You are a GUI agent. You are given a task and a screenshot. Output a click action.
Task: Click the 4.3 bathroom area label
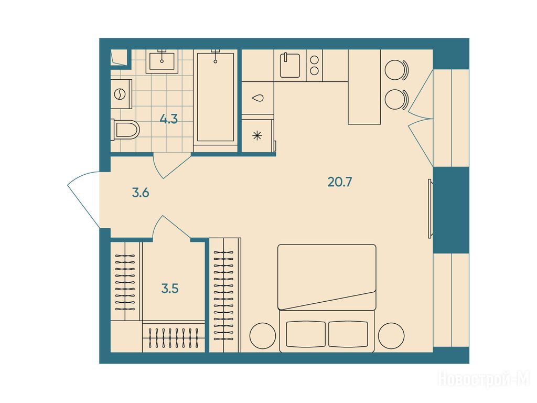169,119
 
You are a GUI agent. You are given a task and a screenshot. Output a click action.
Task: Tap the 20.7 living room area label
340,182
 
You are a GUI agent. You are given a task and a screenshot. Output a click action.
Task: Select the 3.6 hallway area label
141,193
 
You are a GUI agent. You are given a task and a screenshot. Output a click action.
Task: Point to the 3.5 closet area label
170,289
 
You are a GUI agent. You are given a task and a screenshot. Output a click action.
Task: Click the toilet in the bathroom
126,130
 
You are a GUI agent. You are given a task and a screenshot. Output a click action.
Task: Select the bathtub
216,97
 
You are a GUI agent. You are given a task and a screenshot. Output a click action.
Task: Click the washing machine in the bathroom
121,94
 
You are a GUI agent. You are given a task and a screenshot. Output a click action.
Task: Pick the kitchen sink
290,65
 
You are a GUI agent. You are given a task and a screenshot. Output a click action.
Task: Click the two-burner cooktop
315,66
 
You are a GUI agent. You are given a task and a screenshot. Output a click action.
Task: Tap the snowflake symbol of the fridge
257,136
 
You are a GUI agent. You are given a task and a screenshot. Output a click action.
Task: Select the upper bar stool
397,70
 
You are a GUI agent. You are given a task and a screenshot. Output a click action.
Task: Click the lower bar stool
397,100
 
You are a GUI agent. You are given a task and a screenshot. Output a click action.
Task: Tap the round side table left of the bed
263,336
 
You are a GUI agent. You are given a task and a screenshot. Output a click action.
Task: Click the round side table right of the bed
391,336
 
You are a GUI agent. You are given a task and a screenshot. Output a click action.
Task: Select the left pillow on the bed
306,334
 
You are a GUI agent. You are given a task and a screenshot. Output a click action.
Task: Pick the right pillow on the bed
348,334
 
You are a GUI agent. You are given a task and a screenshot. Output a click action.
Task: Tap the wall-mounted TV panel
430,208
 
